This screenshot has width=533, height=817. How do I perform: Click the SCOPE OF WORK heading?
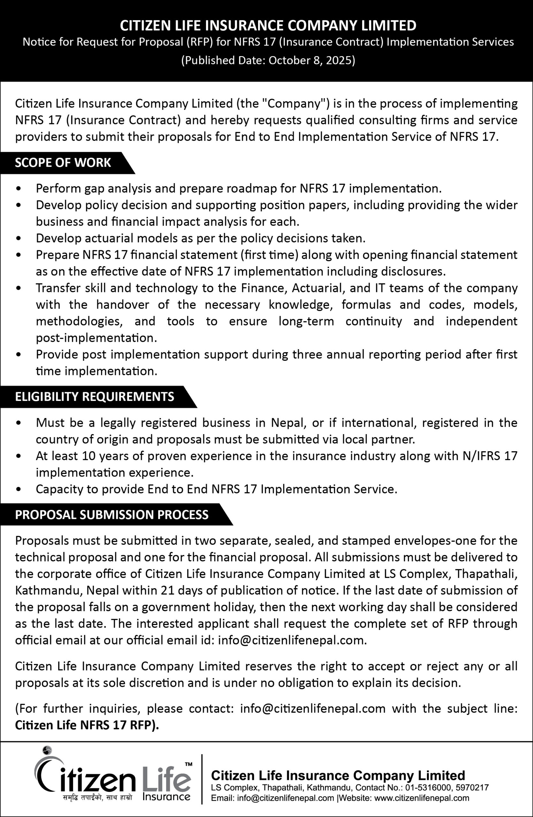(63, 163)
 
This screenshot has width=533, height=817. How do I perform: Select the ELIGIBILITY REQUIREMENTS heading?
(95, 397)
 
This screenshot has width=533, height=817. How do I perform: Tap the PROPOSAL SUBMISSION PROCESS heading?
(112, 515)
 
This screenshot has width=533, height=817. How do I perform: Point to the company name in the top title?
(268, 26)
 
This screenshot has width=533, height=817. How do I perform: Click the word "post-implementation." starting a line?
(96, 338)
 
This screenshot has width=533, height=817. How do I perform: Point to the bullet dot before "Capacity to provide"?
(19, 490)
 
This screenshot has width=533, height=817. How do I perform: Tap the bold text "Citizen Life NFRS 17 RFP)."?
(87, 725)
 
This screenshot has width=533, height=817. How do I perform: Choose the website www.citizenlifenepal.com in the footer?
(421, 798)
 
